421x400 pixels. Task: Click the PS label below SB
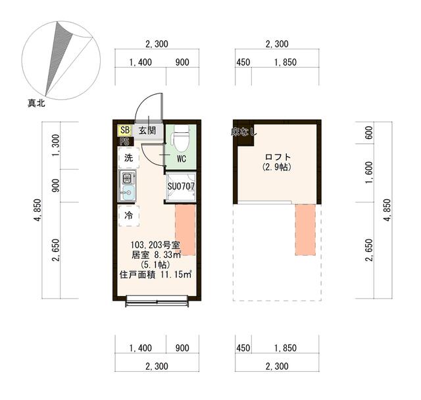click(124, 141)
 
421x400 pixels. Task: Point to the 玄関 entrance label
click(147, 130)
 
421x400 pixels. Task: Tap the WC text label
click(182, 159)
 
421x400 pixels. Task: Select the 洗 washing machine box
click(128, 158)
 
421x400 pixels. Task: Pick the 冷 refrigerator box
click(128, 214)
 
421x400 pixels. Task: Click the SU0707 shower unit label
click(180, 186)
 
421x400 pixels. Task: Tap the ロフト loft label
click(277, 157)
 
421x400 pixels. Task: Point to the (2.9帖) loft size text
click(277, 167)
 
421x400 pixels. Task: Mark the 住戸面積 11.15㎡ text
click(156, 274)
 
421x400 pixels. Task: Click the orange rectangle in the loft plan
click(305, 229)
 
